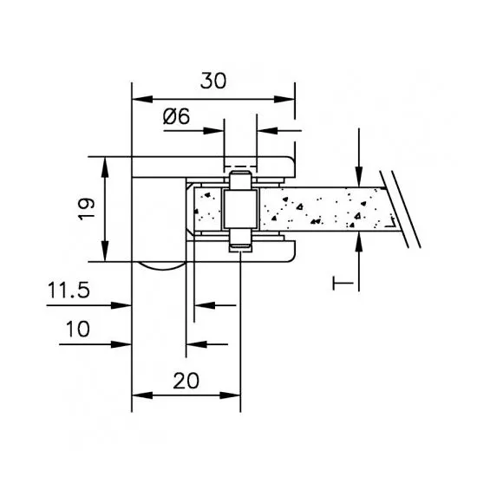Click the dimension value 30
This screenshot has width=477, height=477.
click(213, 81)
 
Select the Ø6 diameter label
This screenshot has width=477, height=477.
click(176, 116)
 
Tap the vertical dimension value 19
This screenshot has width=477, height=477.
click(86, 209)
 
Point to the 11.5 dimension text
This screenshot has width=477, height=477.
click(69, 290)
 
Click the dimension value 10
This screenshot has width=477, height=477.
click(78, 329)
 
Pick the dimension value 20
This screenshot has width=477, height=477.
click(186, 381)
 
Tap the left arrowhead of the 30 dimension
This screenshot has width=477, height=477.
click(142, 99)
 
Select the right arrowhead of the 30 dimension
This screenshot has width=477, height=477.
click(284, 99)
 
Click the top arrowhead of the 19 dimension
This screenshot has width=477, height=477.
click(105, 167)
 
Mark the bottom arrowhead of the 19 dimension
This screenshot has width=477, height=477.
click(105, 252)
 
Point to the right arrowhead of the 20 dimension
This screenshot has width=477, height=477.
click(231, 395)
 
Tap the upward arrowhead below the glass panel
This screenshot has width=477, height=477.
click(359, 242)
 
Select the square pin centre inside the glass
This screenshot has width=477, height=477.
click(240, 209)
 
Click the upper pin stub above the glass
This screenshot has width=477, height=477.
click(240, 180)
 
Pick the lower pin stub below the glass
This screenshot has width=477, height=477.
click(240, 238)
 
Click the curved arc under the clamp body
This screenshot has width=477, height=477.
click(162, 268)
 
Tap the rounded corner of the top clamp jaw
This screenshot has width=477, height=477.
click(291, 160)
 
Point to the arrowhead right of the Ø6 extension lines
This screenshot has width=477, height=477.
click(267, 131)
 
